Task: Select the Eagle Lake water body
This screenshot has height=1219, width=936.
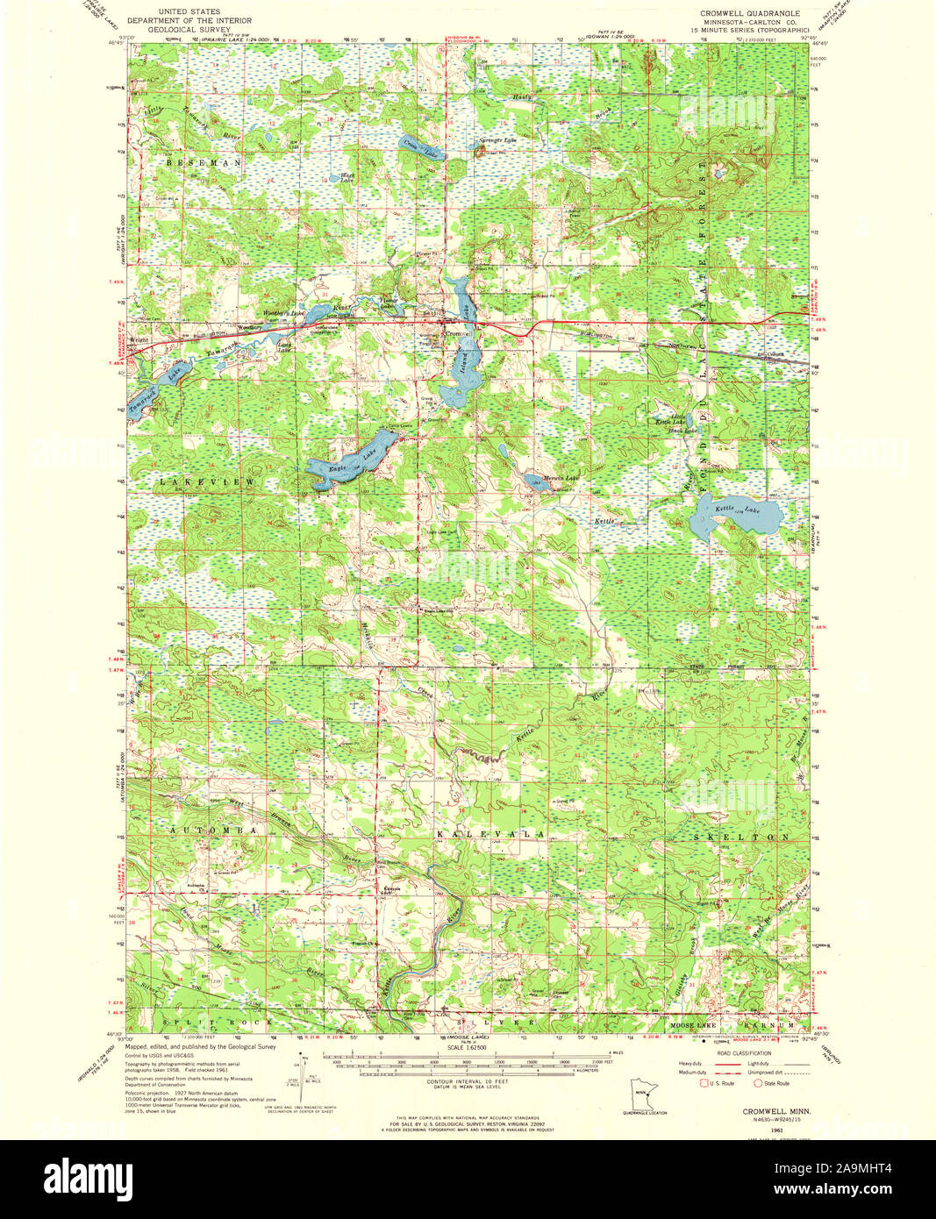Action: pyautogui.click(x=347, y=459)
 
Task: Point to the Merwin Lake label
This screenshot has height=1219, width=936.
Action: pyautogui.click(x=561, y=478)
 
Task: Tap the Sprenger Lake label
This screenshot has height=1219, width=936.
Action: pyautogui.click(x=497, y=139)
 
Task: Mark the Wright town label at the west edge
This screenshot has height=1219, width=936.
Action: pyautogui.click(x=137, y=337)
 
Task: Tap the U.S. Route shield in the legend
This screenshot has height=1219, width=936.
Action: pyautogui.click(x=702, y=1084)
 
